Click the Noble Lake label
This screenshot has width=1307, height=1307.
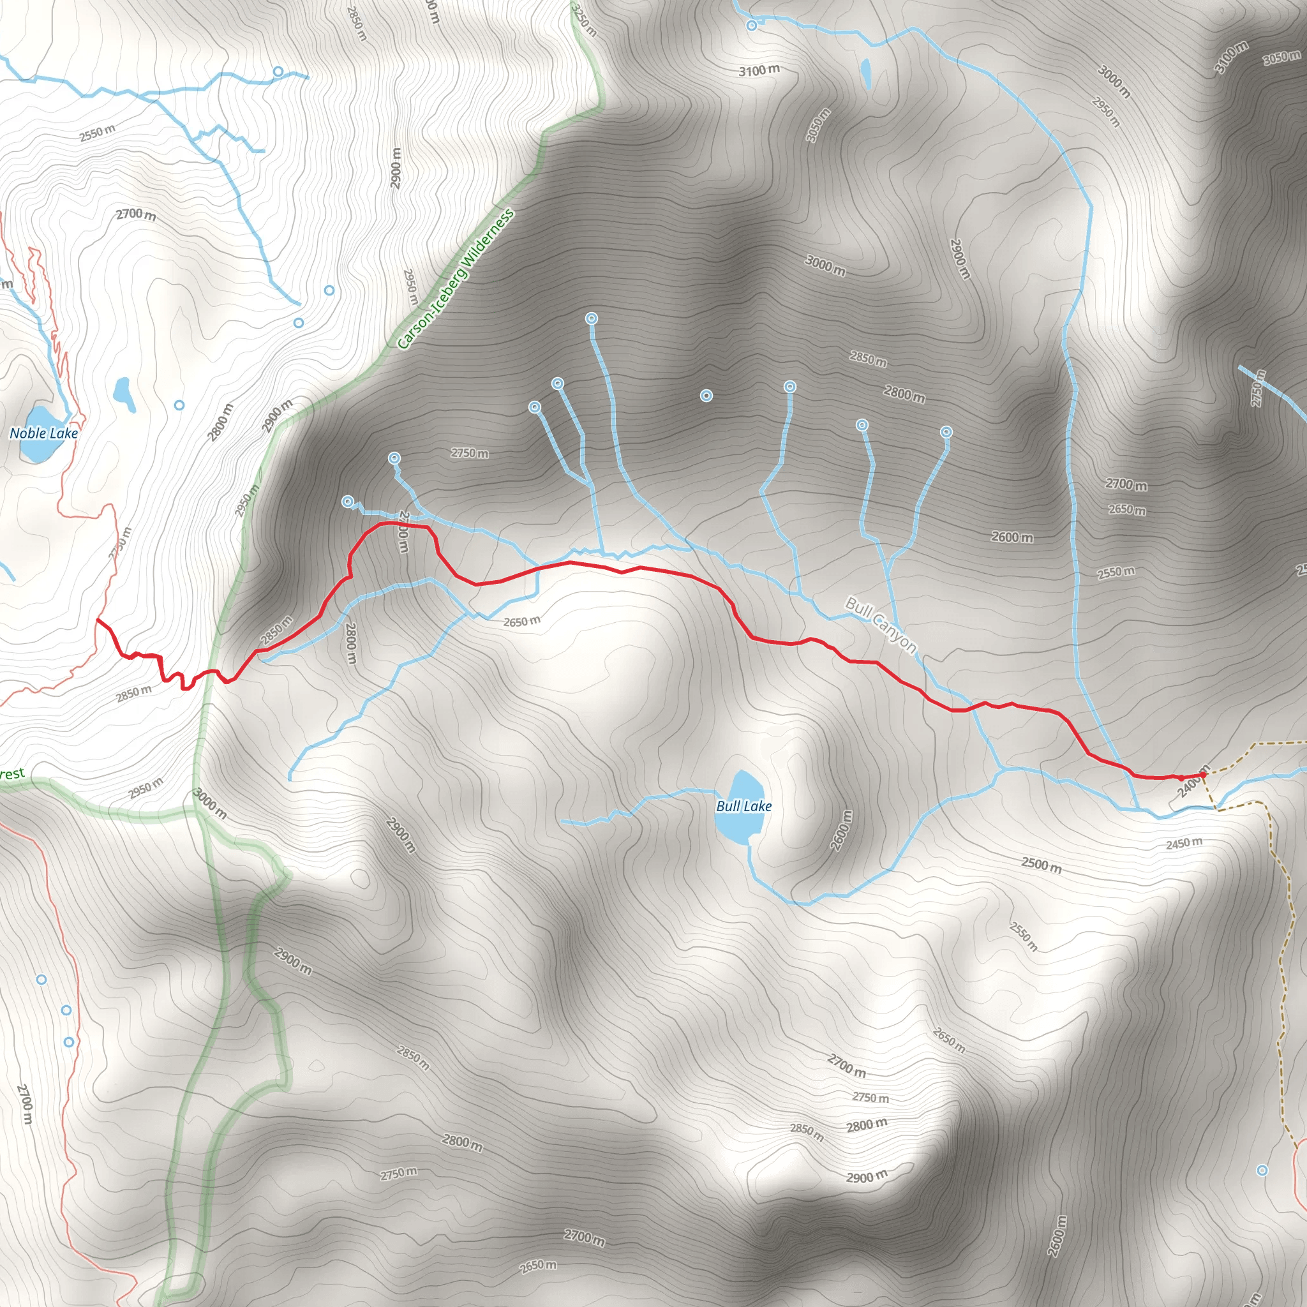click(44, 433)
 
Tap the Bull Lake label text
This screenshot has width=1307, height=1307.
click(743, 806)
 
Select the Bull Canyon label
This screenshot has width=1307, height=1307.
click(881, 625)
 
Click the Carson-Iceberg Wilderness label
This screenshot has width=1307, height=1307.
click(455, 280)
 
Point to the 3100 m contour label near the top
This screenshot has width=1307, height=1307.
click(759, 70)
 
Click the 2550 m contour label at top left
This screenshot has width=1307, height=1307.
click(98, 133)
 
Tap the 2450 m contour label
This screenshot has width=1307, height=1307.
click(1184, 843)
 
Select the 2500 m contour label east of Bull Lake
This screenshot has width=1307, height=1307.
click(1041, 865)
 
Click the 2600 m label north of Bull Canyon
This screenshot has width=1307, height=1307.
click(1012, 537)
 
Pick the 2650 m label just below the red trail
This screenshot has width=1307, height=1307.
click(521, 621)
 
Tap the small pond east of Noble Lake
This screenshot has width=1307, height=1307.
click(124, 394)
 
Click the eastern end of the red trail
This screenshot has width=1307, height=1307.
click(1203, 775)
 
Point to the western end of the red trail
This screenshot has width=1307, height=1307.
click(98, 620)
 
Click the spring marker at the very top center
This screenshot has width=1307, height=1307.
click(752, 26)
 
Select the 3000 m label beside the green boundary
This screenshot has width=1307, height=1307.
click(211, 803)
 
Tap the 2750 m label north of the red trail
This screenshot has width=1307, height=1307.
click(470, 452)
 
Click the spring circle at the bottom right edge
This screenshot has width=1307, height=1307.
click(1262, 1170)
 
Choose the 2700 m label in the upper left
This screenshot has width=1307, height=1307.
click(135, 214)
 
